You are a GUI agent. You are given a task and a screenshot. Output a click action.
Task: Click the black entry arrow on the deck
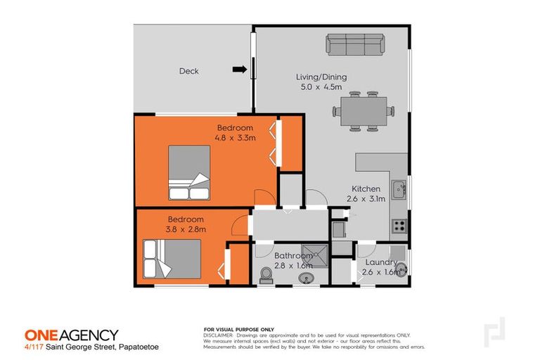click(x=240, y=69)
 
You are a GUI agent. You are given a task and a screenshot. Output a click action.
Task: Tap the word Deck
click(x=188, y=71)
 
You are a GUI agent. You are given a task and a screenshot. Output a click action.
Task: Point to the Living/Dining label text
click(x=321, y=77)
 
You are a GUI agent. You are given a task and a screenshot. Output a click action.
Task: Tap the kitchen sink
click(x=399, y=188)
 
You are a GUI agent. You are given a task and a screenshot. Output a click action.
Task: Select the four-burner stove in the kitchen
click(x=399, y=226)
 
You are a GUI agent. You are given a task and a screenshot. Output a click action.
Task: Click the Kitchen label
click(x=366, y=189)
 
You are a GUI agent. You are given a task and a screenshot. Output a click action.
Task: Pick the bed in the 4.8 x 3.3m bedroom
click(x=189, y=173)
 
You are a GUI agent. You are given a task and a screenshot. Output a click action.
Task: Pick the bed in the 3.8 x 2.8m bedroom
click(x=172, y=259)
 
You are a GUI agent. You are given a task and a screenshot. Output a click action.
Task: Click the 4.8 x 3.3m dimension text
click(x=236, y=137)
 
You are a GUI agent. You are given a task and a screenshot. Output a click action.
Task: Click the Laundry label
click(x=380, y=263)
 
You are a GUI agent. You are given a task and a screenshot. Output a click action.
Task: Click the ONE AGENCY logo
click(x=71, y=335)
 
